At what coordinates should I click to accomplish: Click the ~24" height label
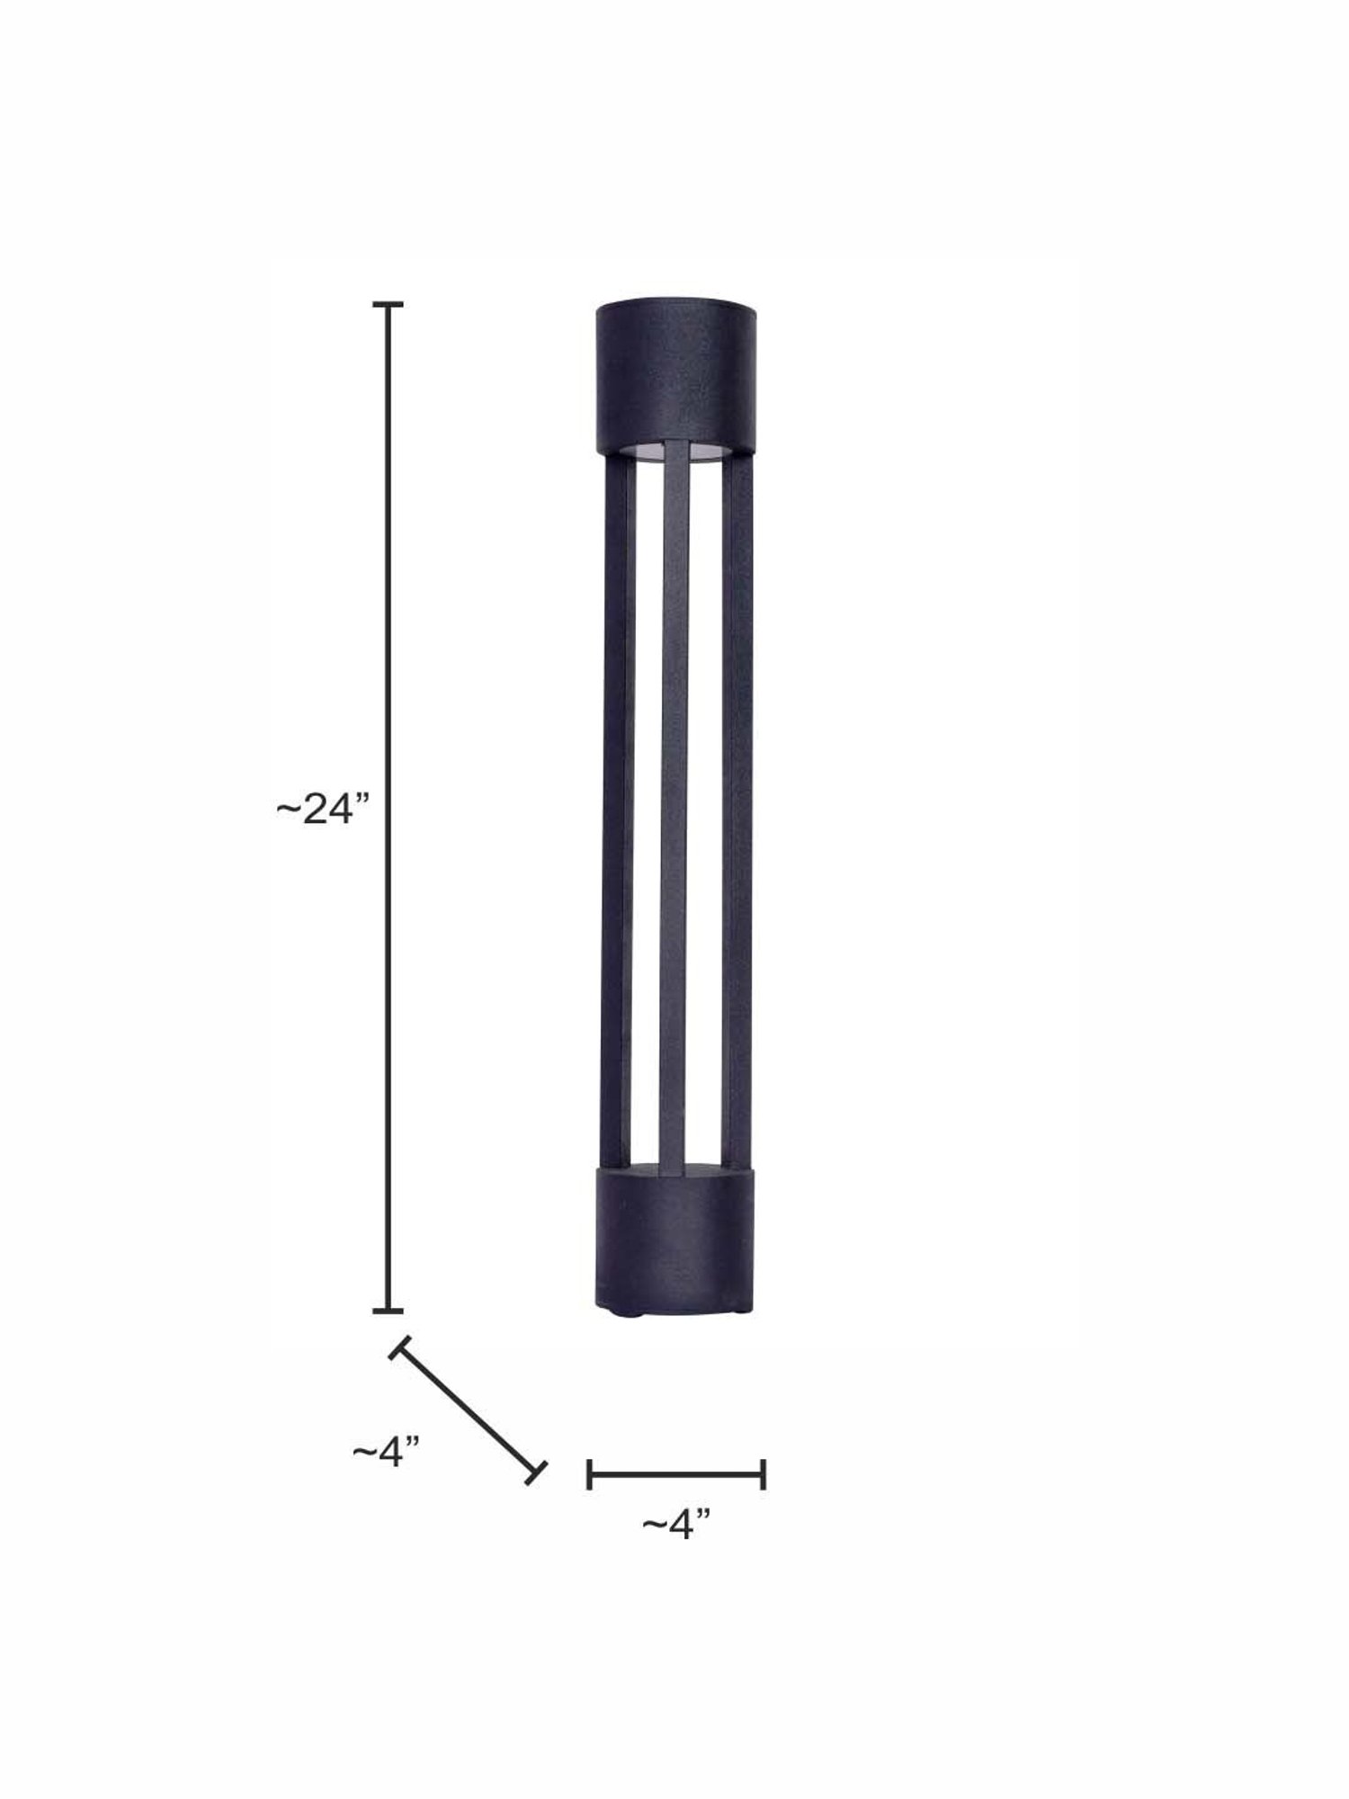(323, 810)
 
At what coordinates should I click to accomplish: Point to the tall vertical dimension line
(389, 810)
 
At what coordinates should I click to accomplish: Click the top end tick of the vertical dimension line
(389, 306)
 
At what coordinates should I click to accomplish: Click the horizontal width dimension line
(675, 1474)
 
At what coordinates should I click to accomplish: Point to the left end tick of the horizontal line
(589, 1474)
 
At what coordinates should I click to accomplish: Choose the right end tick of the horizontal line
(763, 1474)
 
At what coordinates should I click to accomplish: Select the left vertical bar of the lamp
(613, 810)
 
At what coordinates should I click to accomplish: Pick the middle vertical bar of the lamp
(674, 810)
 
